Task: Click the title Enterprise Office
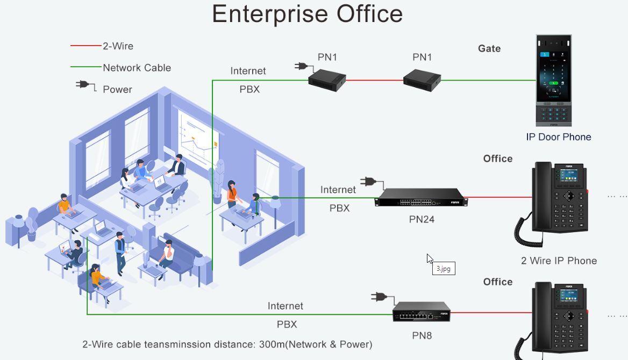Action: pos(307,14)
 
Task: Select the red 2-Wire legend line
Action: pos(86,46)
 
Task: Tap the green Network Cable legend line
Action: pos(86,67)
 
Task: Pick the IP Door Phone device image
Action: pos(553,81)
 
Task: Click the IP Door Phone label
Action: pos(558,137)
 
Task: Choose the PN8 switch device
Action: pos(421,311)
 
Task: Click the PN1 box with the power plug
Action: pos(327,80)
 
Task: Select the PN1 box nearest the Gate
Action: pos(422,80)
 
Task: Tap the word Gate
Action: pos(489,48)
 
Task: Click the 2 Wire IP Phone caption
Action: pos(559,261)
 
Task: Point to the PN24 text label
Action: pos(422,219)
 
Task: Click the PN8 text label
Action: pos(422,336)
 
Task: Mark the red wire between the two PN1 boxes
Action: pos(374,81)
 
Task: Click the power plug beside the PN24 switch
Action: pos(370,182)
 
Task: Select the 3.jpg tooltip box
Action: pos(444,269)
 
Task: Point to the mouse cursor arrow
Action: pos(430,258)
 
